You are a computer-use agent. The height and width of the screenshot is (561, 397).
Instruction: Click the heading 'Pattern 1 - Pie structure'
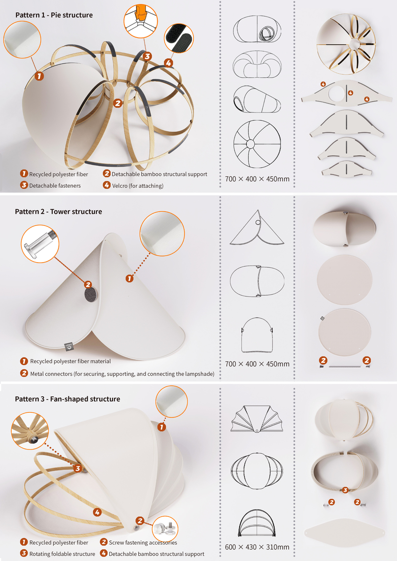[x=54, y=15]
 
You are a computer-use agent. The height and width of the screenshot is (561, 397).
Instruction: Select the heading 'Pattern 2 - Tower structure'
[x=58, y=212]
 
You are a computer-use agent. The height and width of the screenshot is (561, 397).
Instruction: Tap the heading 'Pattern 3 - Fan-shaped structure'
[x=67, y=399]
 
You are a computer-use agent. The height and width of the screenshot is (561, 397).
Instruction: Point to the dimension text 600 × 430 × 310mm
[x=257, y=547]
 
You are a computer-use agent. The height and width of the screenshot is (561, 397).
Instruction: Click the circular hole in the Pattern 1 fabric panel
[x=337, y=91]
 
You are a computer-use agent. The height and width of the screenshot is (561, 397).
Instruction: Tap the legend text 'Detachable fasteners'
[x=55, y=186]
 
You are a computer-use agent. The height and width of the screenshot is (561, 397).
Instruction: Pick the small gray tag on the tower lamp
[x=68, y=348]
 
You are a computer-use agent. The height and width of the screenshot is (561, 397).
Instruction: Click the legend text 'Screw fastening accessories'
[x=143, y=543]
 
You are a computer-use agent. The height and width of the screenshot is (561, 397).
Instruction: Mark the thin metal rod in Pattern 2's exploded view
[x=345, y=365]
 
